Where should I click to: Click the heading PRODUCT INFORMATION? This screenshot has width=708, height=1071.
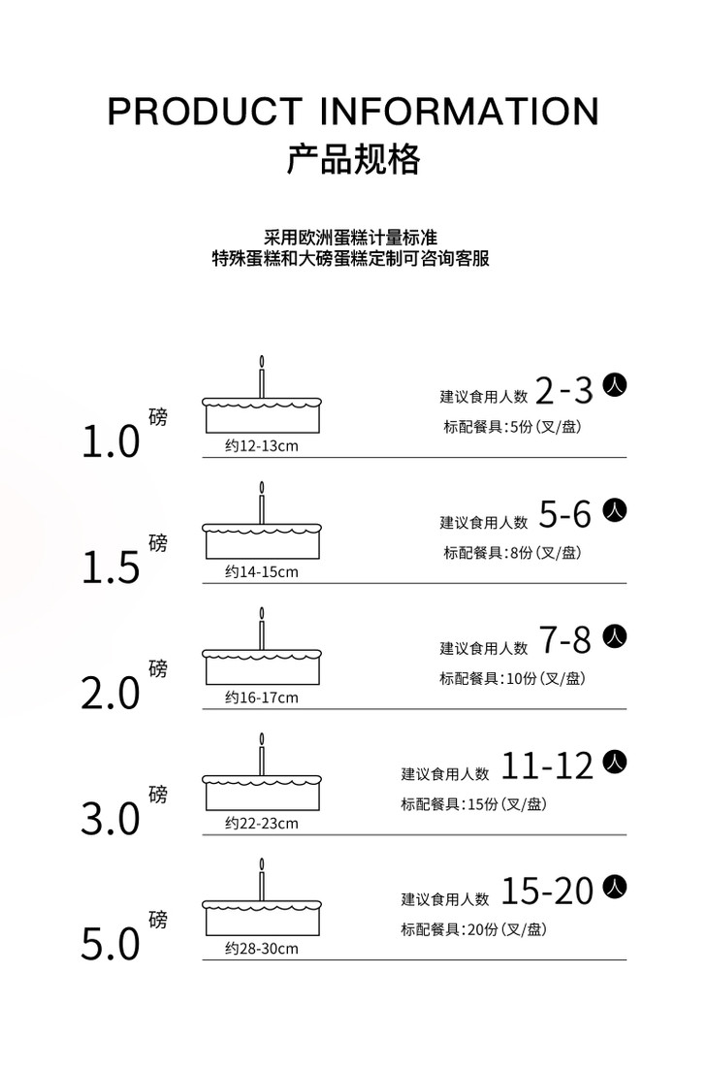point(353,112)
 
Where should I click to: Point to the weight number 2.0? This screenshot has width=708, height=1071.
point(111,695)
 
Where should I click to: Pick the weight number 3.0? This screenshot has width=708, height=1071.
point(111,821)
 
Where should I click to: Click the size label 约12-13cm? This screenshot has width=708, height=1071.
point(261,446)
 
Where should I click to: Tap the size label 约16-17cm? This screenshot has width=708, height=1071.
point(261,698)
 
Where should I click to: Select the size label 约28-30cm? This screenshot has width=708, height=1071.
point(261,949)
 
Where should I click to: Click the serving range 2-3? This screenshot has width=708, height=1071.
point(563,391)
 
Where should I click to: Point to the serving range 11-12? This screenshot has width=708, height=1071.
point(548,767)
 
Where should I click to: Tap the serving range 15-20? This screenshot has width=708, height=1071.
point(548,892)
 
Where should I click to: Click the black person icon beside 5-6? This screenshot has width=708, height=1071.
point(615,511)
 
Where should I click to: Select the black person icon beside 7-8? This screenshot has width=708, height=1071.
point(615,636)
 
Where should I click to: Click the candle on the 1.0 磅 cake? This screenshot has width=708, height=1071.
point(261,377)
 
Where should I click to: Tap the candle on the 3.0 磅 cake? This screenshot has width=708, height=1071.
point(261,755)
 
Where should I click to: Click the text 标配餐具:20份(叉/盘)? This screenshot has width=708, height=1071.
point(474,929)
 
